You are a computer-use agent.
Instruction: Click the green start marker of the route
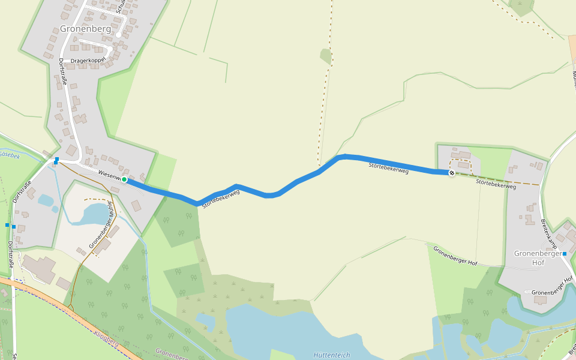tap(124, 179)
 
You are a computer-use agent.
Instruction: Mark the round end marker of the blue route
tap(452, 173)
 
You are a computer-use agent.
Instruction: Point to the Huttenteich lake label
tap(332, 355)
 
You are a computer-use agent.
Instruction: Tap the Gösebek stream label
tap(9, 154)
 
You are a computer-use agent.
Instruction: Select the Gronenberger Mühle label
tap(101, 226)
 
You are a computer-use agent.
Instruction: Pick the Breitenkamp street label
tap(550, 233)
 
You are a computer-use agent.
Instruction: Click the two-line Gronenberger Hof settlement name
tap(537, 257)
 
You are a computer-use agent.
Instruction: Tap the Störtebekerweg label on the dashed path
tap(496, 184)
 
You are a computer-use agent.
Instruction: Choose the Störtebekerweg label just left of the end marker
tap(388, 167)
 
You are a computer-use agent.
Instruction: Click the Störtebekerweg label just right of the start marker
tap(221, 199)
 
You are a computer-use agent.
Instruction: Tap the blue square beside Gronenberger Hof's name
tap(565, 254)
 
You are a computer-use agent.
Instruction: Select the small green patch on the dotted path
tap(326, 56)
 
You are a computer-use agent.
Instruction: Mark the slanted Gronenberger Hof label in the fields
tap(455, 257)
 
